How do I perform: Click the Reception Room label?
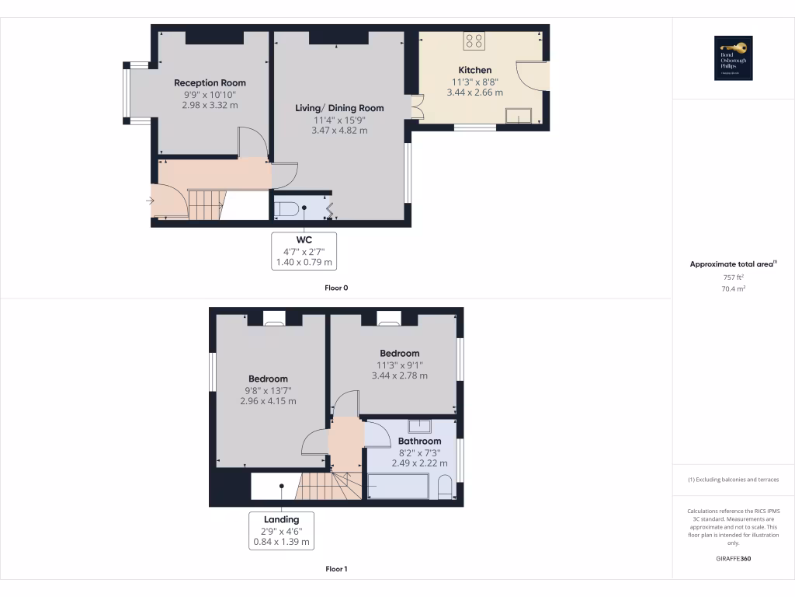210,83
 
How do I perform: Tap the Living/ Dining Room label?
339,108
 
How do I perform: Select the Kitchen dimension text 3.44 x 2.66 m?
474,93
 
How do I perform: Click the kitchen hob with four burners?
474,40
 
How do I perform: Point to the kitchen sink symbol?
518,117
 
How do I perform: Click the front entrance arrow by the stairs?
149,201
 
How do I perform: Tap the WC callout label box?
304,251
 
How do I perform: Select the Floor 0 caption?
336,288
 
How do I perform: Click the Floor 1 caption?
336,569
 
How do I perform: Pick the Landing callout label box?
281,531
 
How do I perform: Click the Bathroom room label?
419,442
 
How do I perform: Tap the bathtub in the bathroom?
397,487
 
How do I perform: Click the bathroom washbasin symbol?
420,426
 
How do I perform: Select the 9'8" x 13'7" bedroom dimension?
268,390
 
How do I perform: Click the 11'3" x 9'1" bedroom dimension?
399,365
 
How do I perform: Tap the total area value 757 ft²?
733,277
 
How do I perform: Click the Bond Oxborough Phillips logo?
734,58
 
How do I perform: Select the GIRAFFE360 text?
733,559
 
